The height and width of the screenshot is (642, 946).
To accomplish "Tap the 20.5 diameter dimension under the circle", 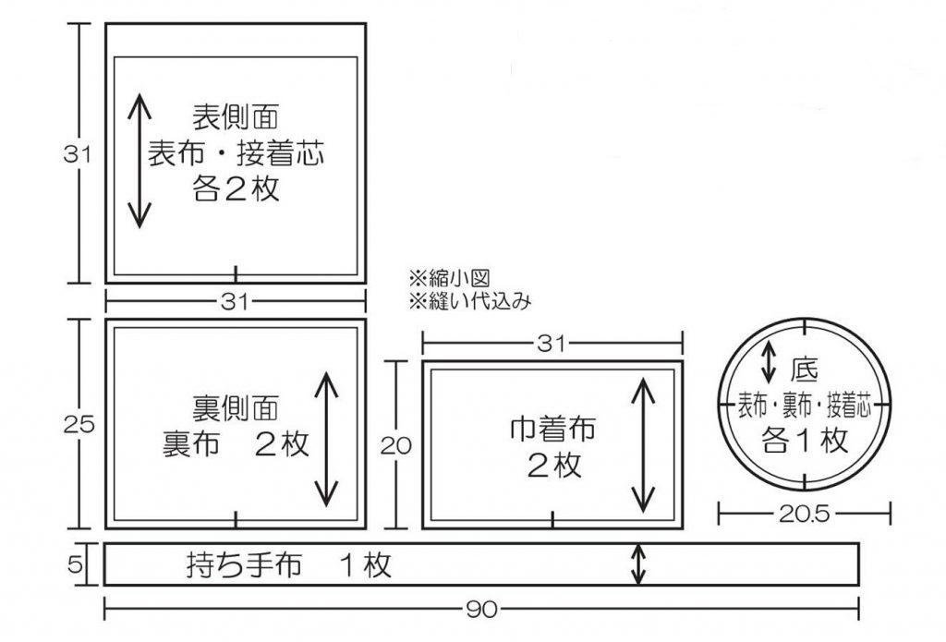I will tap(805, 512).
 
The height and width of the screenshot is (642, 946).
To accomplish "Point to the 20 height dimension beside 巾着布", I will tap(395, 446).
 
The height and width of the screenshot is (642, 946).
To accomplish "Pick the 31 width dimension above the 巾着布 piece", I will tap(552, 343).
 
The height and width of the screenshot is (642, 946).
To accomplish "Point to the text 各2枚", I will tap(235, 189).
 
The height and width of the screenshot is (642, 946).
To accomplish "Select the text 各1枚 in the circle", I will tap(805, 441).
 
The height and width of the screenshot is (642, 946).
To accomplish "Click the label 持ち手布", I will tap(244, 564).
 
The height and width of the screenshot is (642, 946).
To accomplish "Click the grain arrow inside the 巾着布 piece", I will tap(644, 444).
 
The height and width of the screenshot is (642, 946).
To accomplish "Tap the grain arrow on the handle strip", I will tap(637, 564).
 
